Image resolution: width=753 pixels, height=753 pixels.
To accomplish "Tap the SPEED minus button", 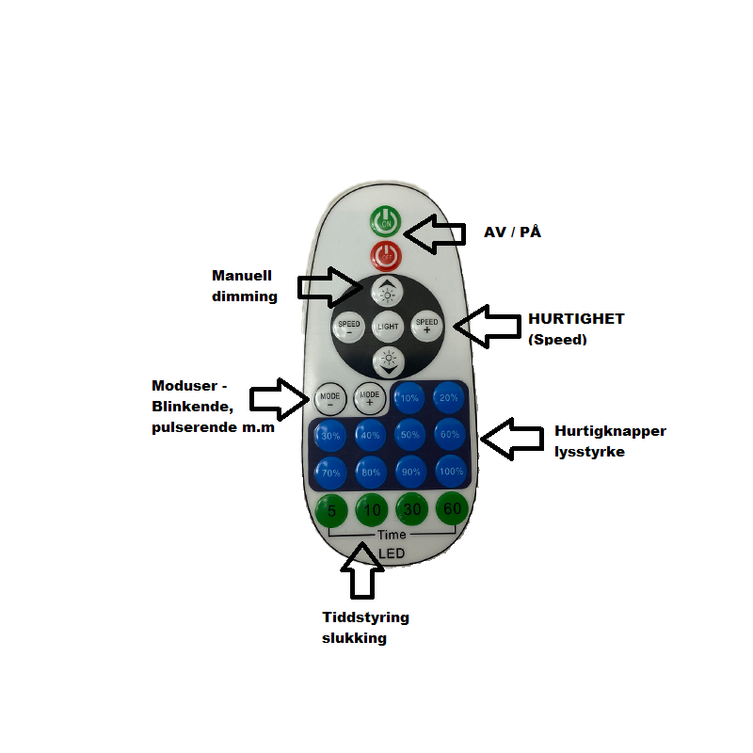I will click(348, 328).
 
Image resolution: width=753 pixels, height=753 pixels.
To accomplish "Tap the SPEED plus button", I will click(426, 326).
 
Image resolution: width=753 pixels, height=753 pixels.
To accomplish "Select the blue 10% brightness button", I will click(409, 398).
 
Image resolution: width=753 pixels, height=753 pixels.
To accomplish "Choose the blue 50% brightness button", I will click(409, 435).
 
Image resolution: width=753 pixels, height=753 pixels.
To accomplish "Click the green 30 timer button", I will click(411, 510).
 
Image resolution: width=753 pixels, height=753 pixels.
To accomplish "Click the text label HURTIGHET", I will click(576, 319).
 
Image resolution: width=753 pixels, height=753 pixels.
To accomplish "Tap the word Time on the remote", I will click(392, 535).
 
